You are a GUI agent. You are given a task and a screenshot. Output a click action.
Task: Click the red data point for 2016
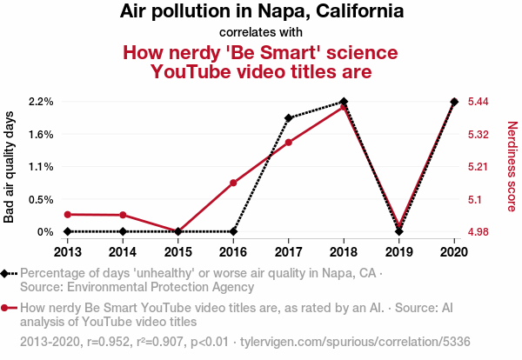coord(233,183)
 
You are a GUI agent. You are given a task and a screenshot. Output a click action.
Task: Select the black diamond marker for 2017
coord(288,117)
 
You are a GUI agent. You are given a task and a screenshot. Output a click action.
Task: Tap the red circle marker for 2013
coord(68,214)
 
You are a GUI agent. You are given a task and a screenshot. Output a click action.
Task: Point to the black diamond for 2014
coord(123,231)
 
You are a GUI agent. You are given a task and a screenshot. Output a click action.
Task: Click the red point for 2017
coord(288,142)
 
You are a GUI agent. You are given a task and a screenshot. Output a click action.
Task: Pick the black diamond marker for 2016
coord(233,231)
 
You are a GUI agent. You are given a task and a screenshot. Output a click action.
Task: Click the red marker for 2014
coord(123,215)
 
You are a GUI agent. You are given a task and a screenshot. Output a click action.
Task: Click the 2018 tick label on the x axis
coord(344,252)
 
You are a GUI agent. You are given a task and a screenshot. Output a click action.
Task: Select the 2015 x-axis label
coord(178,252)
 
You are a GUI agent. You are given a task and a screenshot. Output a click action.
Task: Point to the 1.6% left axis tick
coord(41,134)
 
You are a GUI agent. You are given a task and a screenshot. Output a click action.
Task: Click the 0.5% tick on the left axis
coord(41,199)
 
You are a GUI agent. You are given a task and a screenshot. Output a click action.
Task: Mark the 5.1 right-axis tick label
coord(476,199)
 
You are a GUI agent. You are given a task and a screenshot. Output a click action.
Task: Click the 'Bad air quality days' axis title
coord(10,166)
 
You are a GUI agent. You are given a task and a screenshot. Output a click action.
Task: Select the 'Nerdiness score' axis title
coord(512,166)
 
